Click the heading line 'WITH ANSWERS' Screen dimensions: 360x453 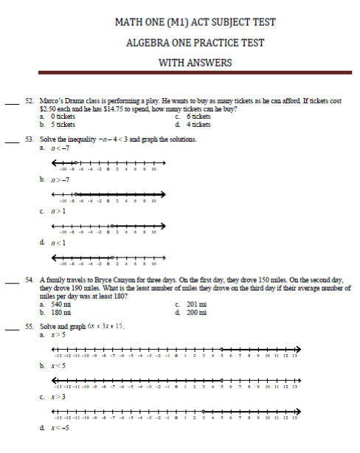tap(195, 63)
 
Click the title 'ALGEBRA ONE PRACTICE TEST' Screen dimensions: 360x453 tap(195, 43)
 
